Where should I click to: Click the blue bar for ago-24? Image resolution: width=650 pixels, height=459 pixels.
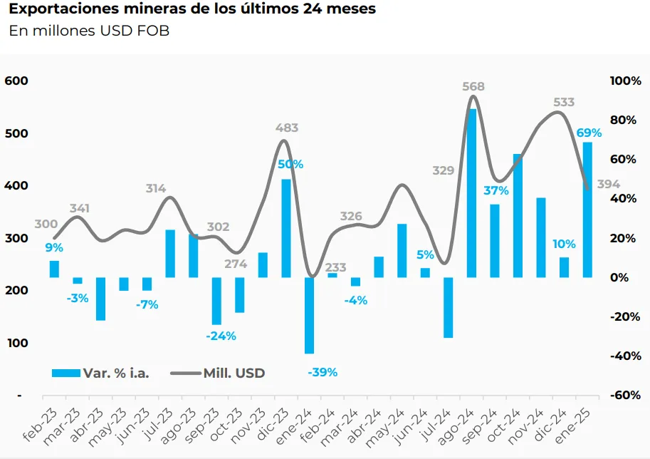click(x=471, y=192)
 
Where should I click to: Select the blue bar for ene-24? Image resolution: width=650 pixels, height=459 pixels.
click(x=310, y=315)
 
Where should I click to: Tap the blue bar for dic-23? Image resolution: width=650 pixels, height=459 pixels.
click(x=286, y=228)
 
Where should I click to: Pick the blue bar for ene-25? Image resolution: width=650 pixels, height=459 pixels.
click(x=587, y=210)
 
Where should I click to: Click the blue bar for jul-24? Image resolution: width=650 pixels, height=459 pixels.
click(x=449, y=307)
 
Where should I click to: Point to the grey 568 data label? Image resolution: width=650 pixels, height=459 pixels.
click(x=473, y=87)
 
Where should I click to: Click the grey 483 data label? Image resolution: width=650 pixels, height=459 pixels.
click(x=287, y=128)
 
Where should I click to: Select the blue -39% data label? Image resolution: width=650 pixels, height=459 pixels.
click(x=323, y=373)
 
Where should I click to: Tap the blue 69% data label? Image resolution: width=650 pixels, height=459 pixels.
click(x=589, y=133)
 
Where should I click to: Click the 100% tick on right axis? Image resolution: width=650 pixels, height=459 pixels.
click(x=625, y=81)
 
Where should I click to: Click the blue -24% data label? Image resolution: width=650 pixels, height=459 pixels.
click(x=221, y=336)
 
